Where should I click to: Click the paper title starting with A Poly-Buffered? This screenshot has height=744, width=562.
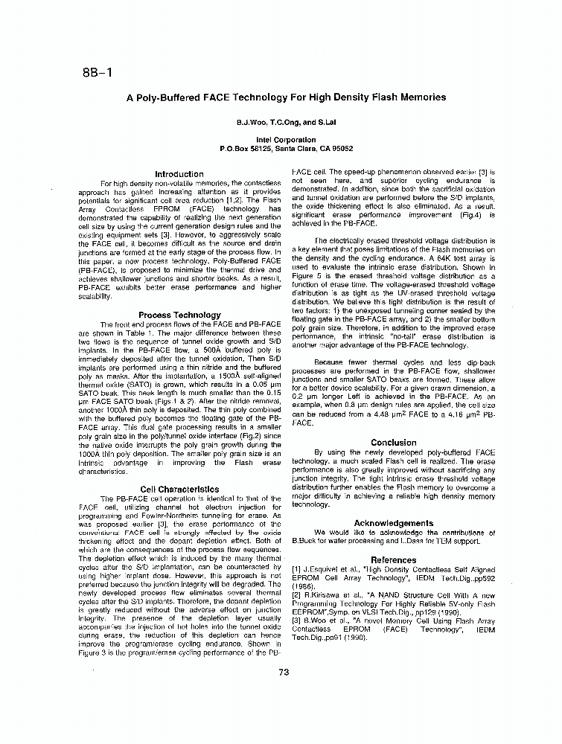click(286, 97)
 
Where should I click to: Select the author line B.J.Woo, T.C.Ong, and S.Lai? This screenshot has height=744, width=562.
click(286, 121)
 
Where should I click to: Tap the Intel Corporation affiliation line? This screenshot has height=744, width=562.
click(286, 140)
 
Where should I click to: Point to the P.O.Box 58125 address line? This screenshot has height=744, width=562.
click(286, 149)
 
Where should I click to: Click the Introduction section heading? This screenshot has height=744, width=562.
click(179, 174)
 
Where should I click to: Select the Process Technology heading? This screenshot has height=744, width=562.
click(179, 315)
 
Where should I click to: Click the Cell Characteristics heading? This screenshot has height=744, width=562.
click(179, 490)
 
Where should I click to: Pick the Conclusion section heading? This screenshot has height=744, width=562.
click(393, 443)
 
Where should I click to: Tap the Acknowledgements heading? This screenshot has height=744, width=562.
click(393, 523)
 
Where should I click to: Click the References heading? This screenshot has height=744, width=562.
click(393, 559)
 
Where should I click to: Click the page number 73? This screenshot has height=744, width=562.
click(283, 674)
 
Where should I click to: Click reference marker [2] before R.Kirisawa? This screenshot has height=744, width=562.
click(296, 595)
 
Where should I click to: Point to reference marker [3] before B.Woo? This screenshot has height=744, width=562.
click(296, 620)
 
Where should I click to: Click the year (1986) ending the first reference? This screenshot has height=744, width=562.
click(303, 586)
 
